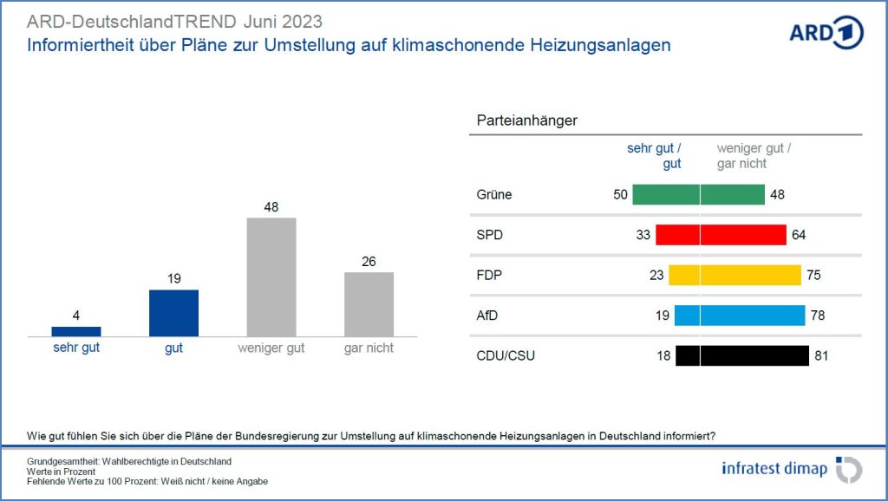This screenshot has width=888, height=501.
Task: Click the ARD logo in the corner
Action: coord(826,32)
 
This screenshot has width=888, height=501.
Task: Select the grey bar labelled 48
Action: coord(271,277)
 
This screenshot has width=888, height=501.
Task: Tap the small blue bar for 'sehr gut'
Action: coord(76,331)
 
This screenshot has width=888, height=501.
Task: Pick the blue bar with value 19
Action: coord(173,313)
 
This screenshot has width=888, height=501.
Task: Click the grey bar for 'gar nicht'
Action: coord(369,304)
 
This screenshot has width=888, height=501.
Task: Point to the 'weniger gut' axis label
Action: coord(271,348)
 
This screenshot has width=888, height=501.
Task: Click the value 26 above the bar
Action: coord(369,261)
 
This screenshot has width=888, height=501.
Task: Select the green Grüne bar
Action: coord(698,195)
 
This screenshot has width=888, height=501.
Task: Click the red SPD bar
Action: coord(721,235)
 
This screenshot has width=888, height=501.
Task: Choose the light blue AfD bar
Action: coord(739,316)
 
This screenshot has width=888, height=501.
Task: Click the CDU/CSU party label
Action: coord(506,355)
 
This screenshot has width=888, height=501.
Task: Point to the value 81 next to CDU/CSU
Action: coord(821,355)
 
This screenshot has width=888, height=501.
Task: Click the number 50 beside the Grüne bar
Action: coord(620,195)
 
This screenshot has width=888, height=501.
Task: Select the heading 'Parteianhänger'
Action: coord(526,120)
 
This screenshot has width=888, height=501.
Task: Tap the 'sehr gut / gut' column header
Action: coord(654,156)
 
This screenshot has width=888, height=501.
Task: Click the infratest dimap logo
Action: coord(791,469)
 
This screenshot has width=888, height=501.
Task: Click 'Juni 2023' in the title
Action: coord(282,21)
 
